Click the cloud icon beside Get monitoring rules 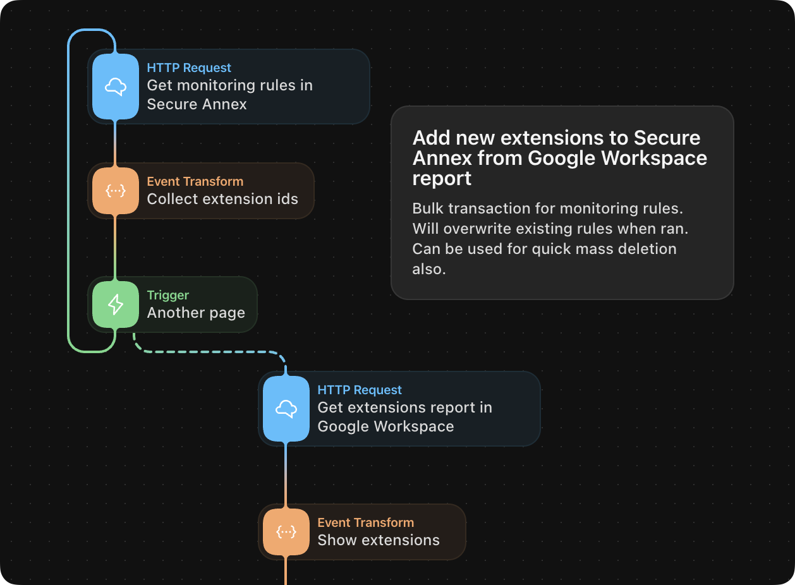pyautogui.click(x=116, y=87)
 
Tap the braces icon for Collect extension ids pyautogui.click(x=116, y=191)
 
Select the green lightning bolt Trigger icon pyautogui.click(x=116, y=305)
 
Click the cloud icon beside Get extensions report pyautogui.click(x=286, y=409)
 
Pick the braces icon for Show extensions pyautogui.click(x=286, y=532)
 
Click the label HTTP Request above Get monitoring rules pyautogui.click(x=189, y=68)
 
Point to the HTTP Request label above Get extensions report pyautogui.click(x=360, y=390)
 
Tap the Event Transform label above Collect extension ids pyautogui.click(x=195, y=181)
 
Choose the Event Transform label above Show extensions pyautogui.click(x=365, y=522)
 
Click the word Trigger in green pyautogui.click(x=168, y=295)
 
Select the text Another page pyautogui.click(x=196, y=313)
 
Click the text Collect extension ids pyautogui.click(x=222, y=199)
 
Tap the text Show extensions pyautogui.click(x=379, y=540)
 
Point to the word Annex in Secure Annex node pyautogui.click(x=226, y=104)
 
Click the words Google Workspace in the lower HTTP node pyautogui.click(x=385, y=426)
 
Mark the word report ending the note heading pyautogui.click(x=442, y=179)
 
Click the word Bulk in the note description pyautogui.click(x=427, y=208)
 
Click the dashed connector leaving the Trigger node pyautogui.click(x=209, y=352)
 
